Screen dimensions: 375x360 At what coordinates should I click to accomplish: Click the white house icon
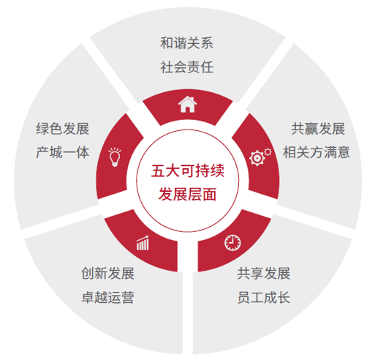pos(187,105)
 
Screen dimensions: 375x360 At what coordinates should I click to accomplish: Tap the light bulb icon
pos(115,157)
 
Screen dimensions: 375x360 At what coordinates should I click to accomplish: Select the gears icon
pos(260,157)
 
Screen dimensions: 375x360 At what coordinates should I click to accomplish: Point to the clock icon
pos(232,243)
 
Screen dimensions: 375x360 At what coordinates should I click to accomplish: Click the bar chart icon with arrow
pos(143,243)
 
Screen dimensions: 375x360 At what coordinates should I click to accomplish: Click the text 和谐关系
pos(186,43)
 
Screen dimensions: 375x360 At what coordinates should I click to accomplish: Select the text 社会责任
pos(186,67)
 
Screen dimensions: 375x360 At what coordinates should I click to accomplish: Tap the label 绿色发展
pos(63,129)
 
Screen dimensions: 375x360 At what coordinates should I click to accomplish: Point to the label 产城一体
pos(63,152)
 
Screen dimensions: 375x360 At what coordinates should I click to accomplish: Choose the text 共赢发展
pos(318,129)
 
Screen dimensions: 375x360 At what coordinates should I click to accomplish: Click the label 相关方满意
pos(317,152)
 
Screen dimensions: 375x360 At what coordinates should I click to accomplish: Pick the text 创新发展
pos(107,273)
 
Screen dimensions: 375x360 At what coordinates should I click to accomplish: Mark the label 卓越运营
pos(107,297)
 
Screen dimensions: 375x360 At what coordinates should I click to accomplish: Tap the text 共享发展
pos(264,273)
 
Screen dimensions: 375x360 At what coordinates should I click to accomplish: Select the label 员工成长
pos(264,297)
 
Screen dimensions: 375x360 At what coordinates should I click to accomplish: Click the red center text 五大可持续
pos(188,170)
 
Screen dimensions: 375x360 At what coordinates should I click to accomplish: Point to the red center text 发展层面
pos(188,195)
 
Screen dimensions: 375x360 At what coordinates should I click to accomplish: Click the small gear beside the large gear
pos(268,151)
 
